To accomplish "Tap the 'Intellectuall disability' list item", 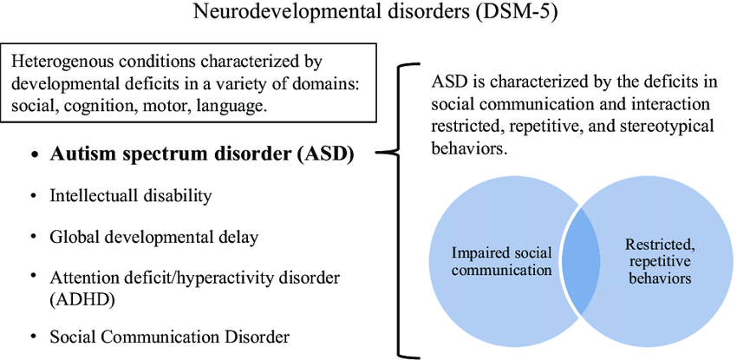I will click(131, 196).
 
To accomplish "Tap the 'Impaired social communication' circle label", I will click(501, 261).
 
